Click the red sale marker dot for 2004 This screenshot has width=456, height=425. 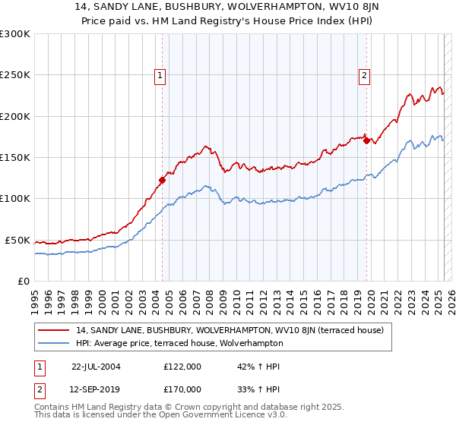(x=162, y=180)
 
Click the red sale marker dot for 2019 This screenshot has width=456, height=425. (x=366, y=140)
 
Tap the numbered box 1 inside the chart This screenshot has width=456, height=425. (x=161, y=74)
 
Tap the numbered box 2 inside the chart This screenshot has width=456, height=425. (x=365, y=74)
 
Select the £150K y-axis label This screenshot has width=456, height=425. (x=15, y=157)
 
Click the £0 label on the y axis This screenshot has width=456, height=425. (x=23, y=281)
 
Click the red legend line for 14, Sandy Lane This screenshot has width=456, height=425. (x=55, y=330)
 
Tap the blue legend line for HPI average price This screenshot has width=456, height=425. (x=55, y=343)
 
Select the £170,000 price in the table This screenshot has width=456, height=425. (x=182, y=389)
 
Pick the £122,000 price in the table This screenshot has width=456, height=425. (x=182, y=367)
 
